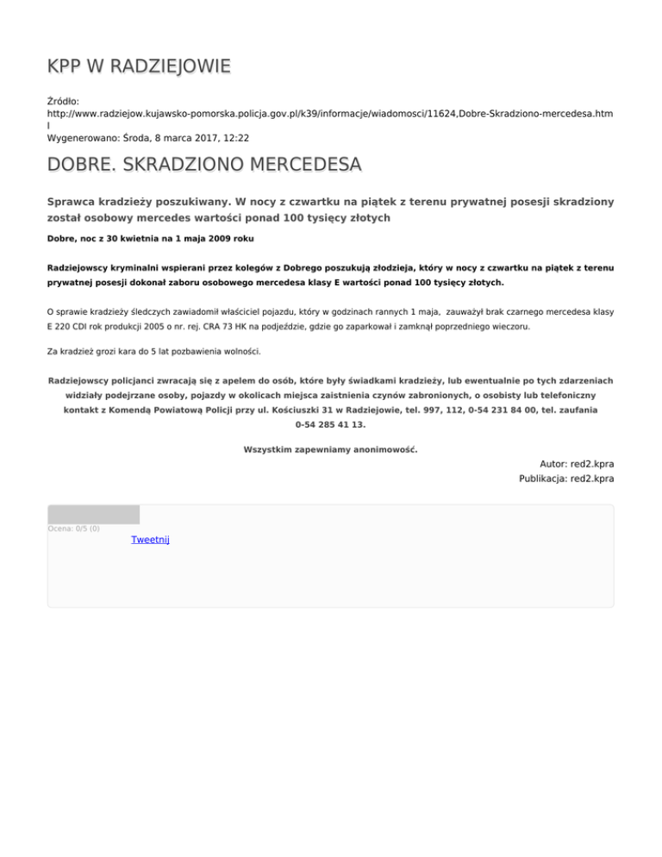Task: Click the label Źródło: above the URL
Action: click(x=64, y=101)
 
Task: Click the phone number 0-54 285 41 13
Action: click(x=330, y=425)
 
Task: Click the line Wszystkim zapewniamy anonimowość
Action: click(x=330, y=449)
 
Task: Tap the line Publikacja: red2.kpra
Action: click(x=565, y=479)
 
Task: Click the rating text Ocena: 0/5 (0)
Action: click(x=73, y=529)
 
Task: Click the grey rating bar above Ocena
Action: click(x=93, y=515)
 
